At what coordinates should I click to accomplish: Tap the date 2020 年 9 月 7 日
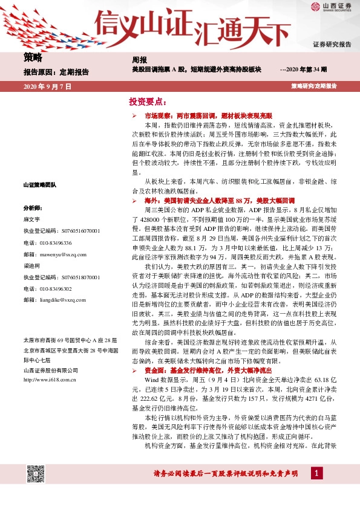47,86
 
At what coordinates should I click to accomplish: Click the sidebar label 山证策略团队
39,184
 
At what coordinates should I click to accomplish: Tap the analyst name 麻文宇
31,219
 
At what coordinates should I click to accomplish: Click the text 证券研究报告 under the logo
332,45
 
